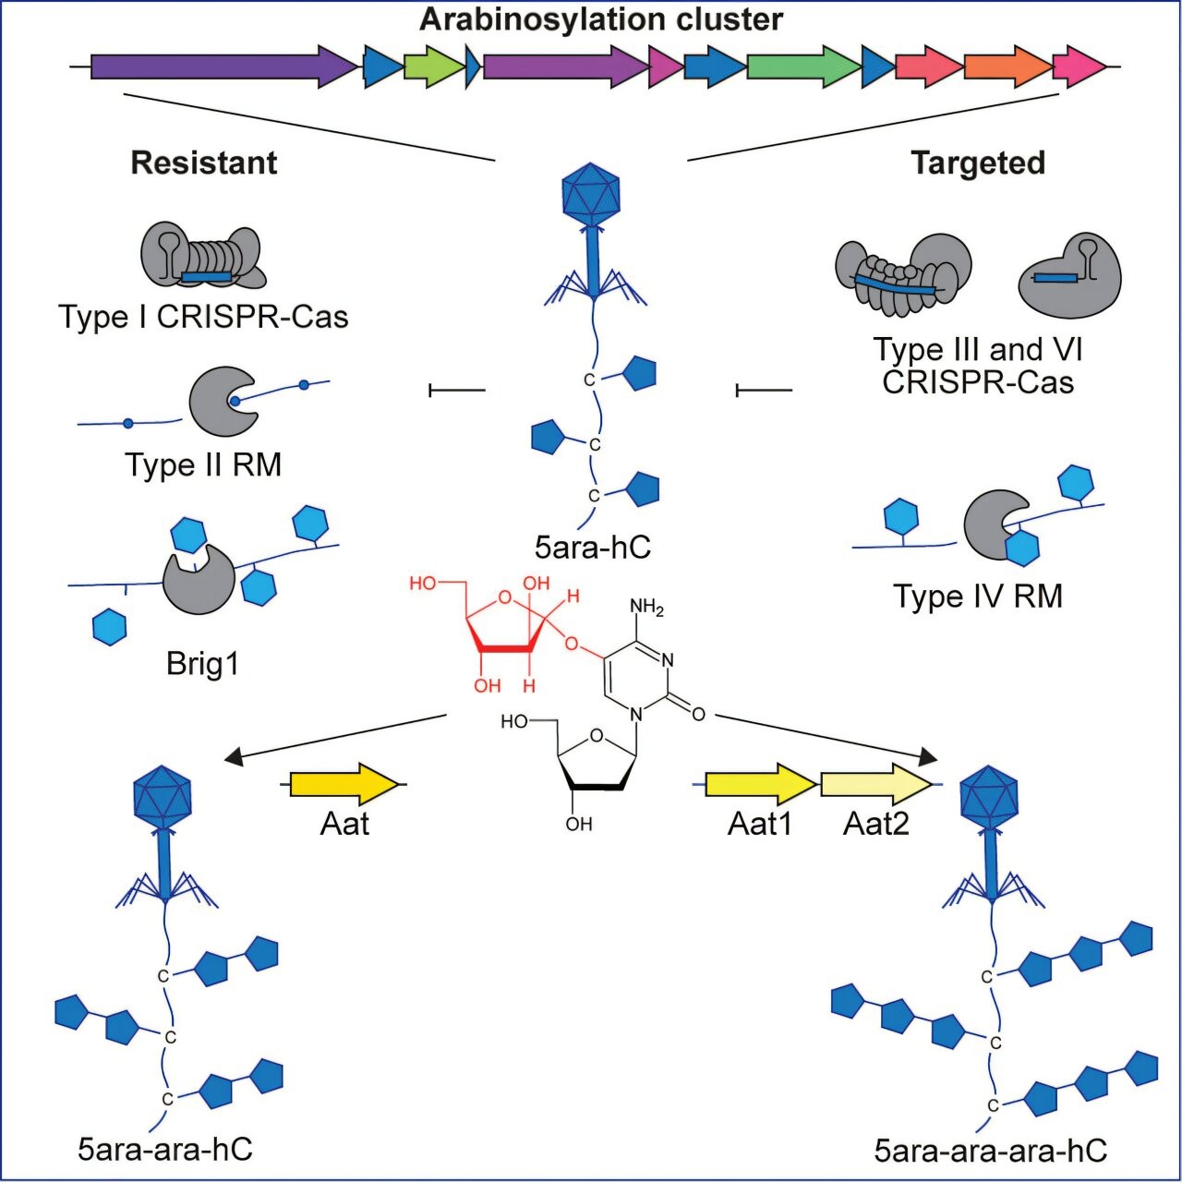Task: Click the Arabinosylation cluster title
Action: pyautogui.click(x=601, y=19)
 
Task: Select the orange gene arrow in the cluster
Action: pyautogui.click(x=1007, y=66)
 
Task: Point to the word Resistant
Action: pyautogui.click(x=204, y=163)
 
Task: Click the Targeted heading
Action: pyautogui.click(x=978, y=163)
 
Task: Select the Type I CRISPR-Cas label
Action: pyautogui.click(x=204, y=317)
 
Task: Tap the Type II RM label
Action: pyautogui.click(x=203, y=464)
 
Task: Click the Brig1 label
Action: pyautogui.click(x=203, y=663)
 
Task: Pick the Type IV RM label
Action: pyautogui.click(x=978, y=596)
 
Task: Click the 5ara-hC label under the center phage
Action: pyautogui.click(x=593, y=547)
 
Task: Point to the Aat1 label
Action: pyautogui.click(x=760, y=823)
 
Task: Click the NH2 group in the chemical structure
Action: pyautogui.click(x=646, y=607)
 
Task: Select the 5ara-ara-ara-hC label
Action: pyautogui.click(x=991, y=1151)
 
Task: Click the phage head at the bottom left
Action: pyautogui.click(x=163, y=796)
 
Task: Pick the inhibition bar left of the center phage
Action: pyautogui.click(x=457, y=391)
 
